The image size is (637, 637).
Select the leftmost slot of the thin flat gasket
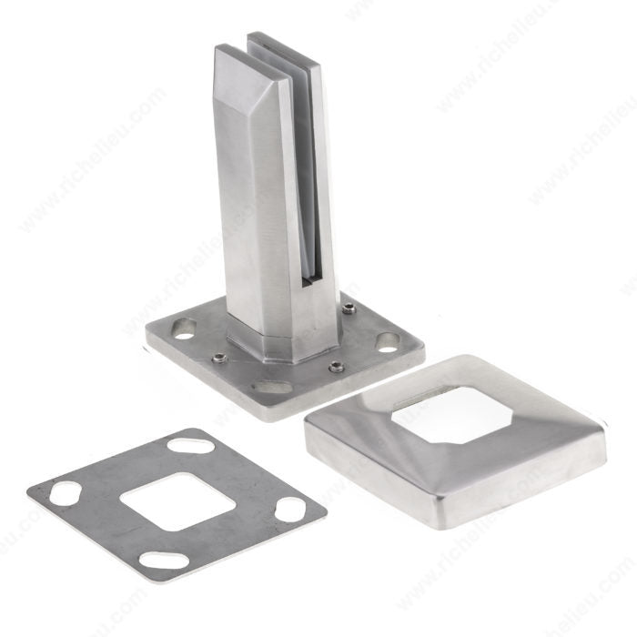[x=65, y=495]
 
